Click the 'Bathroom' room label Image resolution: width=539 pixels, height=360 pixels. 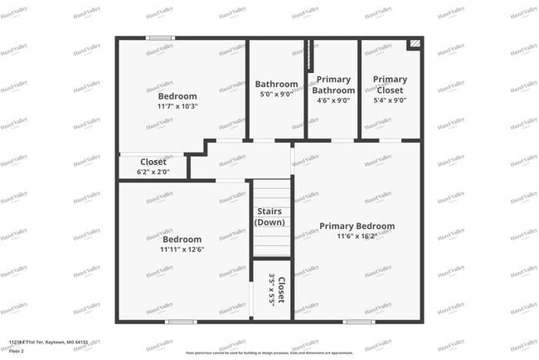pyautogui.click(x=276, y=84)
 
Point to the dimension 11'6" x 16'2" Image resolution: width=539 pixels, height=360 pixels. pyautogui.click(x=357, y=236)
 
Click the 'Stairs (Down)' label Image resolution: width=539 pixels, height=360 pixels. pyautogui.click(x=271, y=216)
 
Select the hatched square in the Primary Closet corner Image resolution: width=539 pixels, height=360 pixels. pyautogui.click(x=414, y=43)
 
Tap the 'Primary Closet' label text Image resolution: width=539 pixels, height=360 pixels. pyautogui.click(x=390, y=85)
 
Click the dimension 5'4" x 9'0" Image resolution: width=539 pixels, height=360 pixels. pyautogui.click(x=390, y=100)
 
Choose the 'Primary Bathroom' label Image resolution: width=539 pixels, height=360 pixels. pyautogui.click(x=334, y=85)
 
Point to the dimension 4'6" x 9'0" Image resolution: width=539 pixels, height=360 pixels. pyautogui.click(x=334, y=100)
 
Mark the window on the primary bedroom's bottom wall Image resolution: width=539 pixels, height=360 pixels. pyautogui.click(x=358, y=321)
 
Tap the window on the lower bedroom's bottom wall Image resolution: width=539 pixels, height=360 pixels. pyautogui.click(x=181, y=321)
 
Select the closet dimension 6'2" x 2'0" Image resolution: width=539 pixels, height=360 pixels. pyautogui.click(x=153, y=172)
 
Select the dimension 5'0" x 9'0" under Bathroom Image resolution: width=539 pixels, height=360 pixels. pyautogui.click(x=276, y=95)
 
